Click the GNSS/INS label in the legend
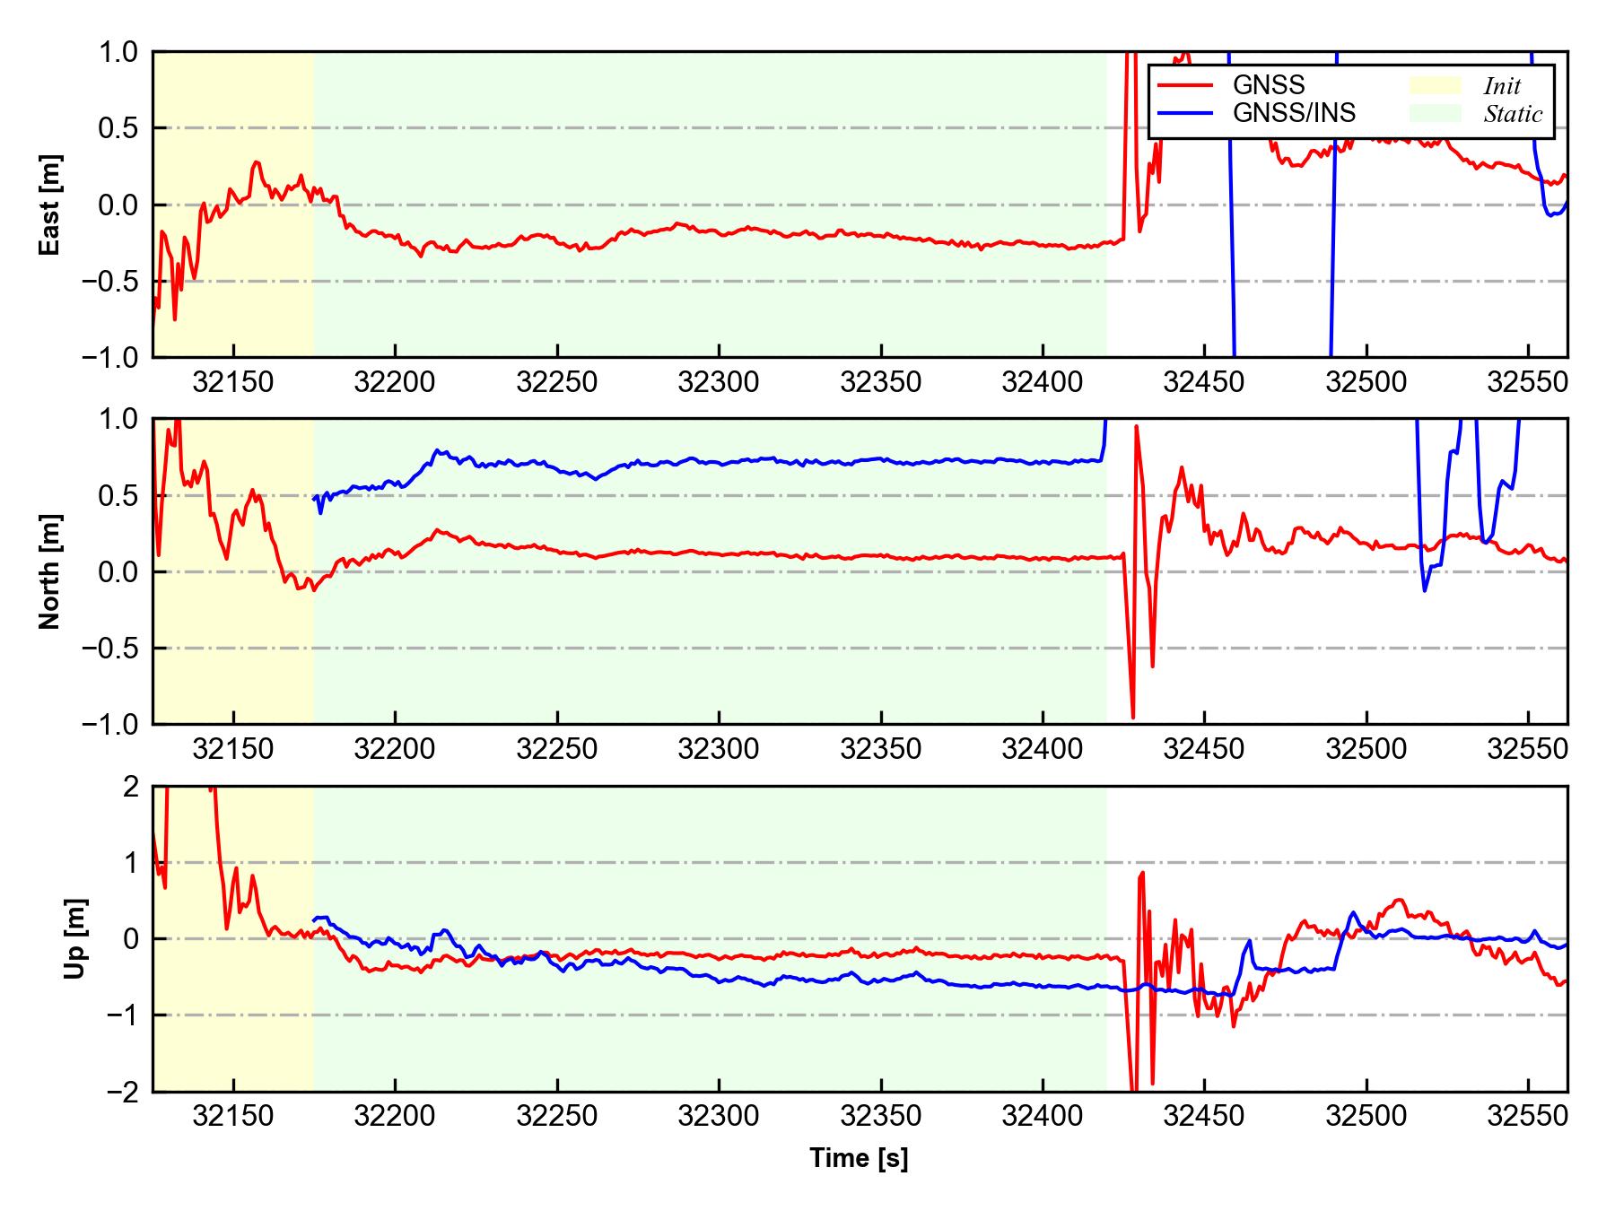tap(1294, 113)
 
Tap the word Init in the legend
tap(1502, 86)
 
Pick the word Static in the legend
tap(1513, 114)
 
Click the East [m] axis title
tap(50, 205)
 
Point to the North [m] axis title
tap(50, 571)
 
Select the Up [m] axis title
tap(75, 938)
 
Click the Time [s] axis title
tap(859, 1159)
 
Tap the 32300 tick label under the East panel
tap(719, 383)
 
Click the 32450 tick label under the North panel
tap(1204, 749)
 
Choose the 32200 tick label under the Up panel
tap(395, 1117)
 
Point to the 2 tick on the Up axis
tap(131, 787)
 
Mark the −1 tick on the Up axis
tap(122, 1015)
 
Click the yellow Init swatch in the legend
tap(1435, 86)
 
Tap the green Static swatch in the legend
tap(1435, 114)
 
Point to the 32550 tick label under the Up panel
tap(1527, 1117)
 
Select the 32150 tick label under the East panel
tap(233, 383)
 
